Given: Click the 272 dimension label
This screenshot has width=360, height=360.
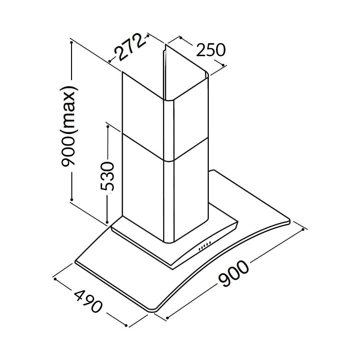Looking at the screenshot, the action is pos(130,48).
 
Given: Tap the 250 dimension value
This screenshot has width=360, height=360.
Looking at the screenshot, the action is pos(211,50).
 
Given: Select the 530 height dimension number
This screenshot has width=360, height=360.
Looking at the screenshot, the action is pos(107,176).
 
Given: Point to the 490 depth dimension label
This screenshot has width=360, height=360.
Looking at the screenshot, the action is pos(88,301).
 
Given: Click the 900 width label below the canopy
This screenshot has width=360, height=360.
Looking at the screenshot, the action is pos(233,273).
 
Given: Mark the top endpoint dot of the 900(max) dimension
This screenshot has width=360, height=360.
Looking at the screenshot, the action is pos(72,42).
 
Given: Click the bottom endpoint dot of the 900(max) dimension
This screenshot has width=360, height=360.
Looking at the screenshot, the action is pos(72,200).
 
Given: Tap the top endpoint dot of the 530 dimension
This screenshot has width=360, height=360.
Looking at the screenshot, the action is pos(108,126).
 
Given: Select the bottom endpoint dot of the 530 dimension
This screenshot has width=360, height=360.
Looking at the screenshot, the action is pos(107,222).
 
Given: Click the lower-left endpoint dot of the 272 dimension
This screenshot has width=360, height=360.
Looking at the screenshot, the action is pos(110,61).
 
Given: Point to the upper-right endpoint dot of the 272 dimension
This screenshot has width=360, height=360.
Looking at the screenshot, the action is pos(148,36).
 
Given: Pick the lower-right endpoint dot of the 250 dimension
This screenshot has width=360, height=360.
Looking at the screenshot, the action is pos(223,65).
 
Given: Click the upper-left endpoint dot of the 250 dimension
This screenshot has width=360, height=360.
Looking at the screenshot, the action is pos(181,37).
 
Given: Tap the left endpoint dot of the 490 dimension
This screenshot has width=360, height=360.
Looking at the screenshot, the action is pos(55,279).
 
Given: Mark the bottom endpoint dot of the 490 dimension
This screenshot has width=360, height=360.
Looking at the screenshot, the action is pos(126,325).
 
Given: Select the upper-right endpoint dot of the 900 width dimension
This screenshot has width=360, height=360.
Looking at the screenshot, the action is pos(303,229).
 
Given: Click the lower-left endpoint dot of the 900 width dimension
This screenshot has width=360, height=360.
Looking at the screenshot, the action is pos(168,318).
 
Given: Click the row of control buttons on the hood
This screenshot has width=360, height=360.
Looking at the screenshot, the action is pos(204,245).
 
